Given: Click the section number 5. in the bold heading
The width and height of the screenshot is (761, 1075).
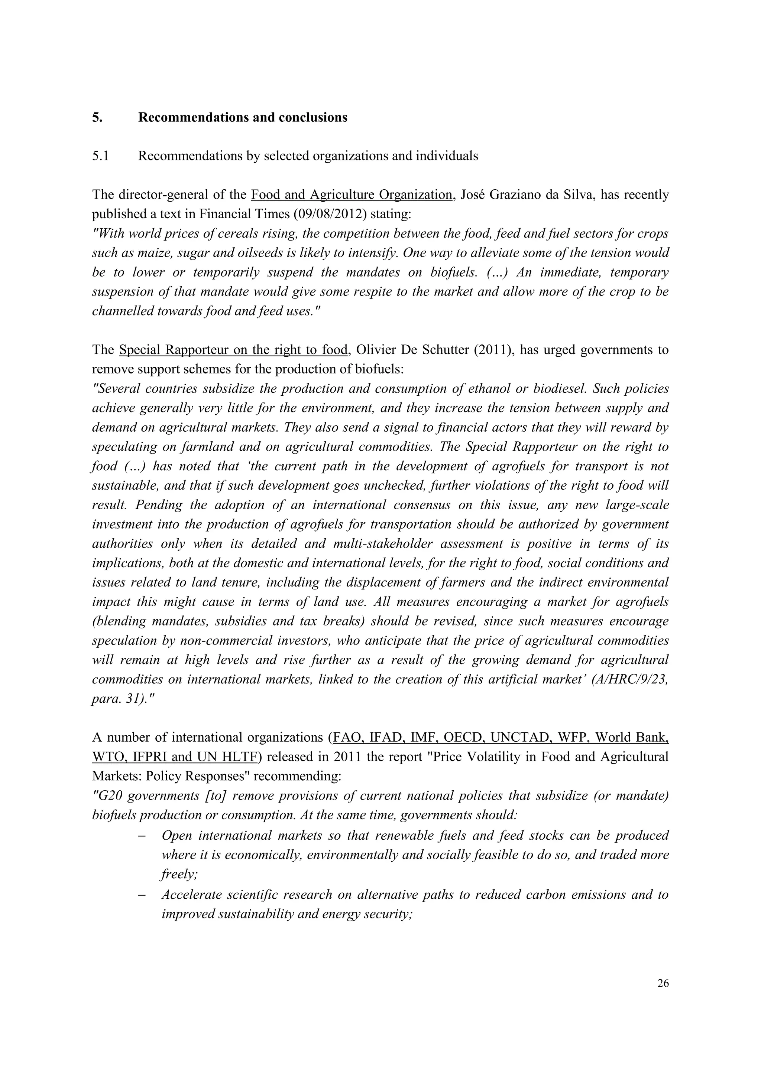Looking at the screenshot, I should [97, 118].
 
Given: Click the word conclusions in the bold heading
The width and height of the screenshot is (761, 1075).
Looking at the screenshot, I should [313, 118].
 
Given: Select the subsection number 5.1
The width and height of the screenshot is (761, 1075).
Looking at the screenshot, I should [100, 156].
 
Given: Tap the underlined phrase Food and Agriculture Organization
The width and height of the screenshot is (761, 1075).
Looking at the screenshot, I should [352, 195].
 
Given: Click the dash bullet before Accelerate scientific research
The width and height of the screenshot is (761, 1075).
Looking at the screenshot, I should [142, 895].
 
